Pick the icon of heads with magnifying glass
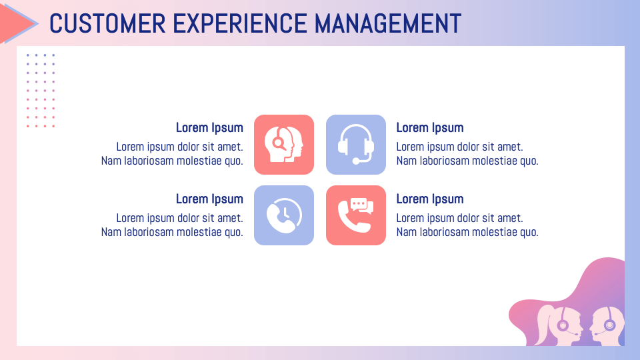284,145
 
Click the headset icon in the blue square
356,145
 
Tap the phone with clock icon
284,215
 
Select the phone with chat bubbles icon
356,215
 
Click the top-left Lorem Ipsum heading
209,128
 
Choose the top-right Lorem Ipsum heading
430,128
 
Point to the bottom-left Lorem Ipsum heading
209,199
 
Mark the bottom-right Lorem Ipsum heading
430,199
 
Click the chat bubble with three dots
359,203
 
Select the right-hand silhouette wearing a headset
608,325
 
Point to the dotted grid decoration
41,91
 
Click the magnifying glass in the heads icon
278,141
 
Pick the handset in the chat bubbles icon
352,219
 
